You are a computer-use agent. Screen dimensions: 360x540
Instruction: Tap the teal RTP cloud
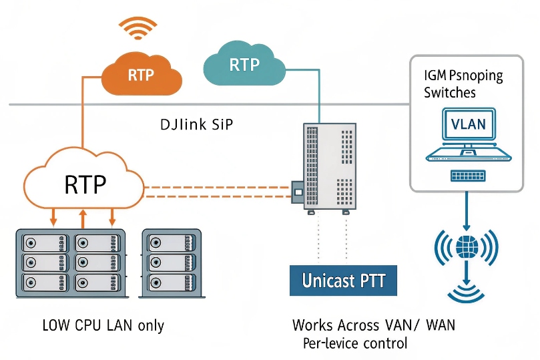click(244, 65)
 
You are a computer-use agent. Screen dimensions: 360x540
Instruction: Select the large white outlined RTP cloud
click(84, 182)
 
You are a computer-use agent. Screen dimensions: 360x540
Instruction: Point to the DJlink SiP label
click(197, 125)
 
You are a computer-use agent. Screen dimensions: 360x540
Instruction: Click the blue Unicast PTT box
click(344, 280)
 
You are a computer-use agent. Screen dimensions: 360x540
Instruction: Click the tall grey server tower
click(328, 166)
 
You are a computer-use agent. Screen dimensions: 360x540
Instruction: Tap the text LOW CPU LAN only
click(103, 326)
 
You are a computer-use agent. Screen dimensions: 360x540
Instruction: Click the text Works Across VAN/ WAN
click(374, 326)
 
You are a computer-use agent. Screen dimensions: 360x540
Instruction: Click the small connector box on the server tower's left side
click(298, 192)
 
